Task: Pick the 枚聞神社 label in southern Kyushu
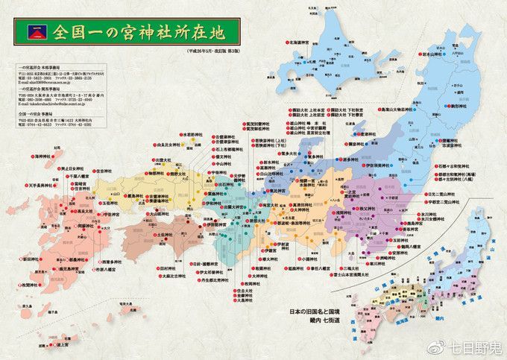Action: click(x=31, y=285)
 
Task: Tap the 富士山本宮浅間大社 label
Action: click(x=353, y=274)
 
